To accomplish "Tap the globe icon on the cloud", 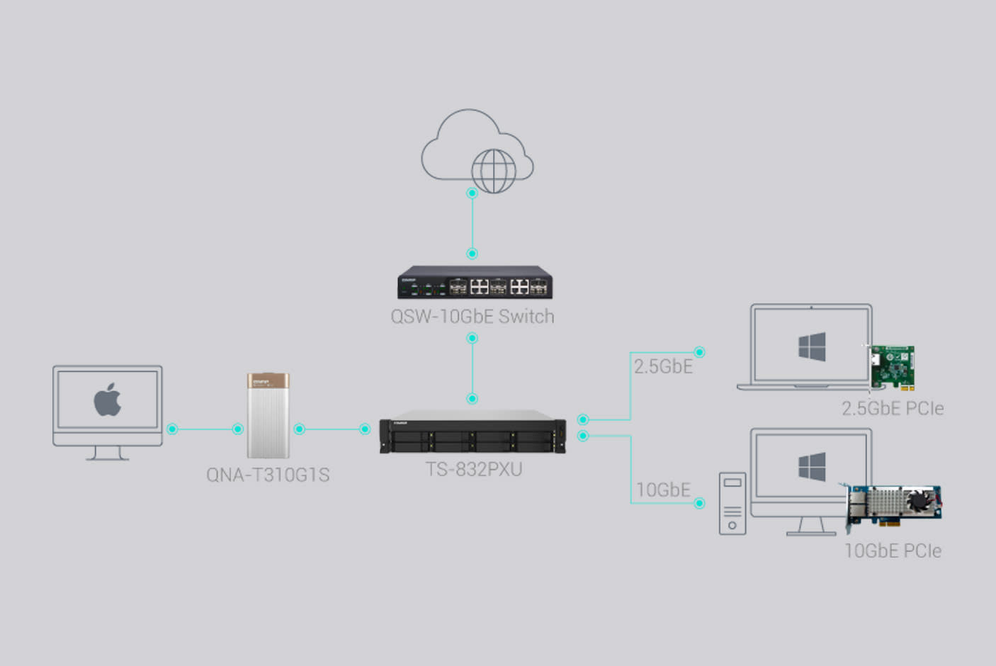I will click(x=494, y=171).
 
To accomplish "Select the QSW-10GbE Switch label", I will click(x=472, y=317).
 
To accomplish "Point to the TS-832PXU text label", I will click(x=474, y=469).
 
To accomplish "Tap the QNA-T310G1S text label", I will click(x=268, y=475).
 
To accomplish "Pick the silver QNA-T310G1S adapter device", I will click(x=268, y=416).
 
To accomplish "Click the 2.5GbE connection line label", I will click(x=663, y=366).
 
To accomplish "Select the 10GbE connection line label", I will click(x=663, y=490).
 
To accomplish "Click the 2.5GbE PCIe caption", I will click(x=893, y=409).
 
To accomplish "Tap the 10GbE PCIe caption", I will click(x=893, y=551).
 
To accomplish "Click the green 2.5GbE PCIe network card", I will click(x=893, y=366).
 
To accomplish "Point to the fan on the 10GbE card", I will click(x=920, y=499).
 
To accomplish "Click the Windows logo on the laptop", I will click(x=812, y=347).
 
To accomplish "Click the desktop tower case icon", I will click(x=732, y=503).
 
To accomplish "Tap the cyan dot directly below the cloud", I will click(x=472, y=193).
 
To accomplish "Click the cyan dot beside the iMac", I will click(x=172, y=429).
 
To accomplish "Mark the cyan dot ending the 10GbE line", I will click(x=699, y=503).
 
